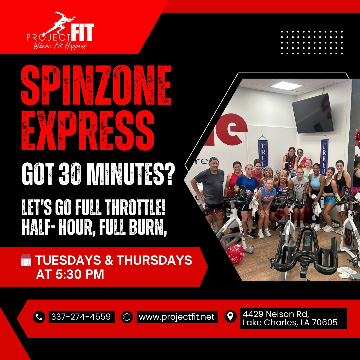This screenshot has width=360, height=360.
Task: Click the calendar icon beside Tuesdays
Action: [26, 260]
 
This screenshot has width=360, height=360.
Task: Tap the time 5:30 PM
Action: [70, 274]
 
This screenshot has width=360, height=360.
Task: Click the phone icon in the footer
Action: [39, 317]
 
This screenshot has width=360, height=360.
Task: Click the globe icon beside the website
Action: [127, 317]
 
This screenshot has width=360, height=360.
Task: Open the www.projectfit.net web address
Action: [177, 317]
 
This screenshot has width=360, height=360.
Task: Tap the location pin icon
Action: [230, 316]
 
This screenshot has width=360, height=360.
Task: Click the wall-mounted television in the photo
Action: [312, 113]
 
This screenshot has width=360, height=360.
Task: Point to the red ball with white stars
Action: [235, 253]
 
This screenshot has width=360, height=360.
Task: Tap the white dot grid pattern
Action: [312, 42]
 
